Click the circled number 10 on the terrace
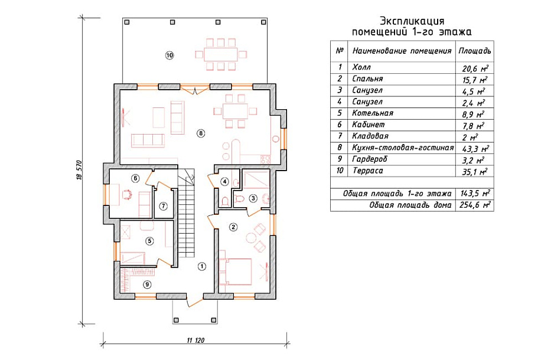pos(170,55)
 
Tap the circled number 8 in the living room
pos(201,133)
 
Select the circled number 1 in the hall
pos(201,267)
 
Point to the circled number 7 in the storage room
pos(163,206)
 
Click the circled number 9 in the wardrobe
pos(147,284)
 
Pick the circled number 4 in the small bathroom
pos(224,182)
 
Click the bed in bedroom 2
pos(236,271)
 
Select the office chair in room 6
pos(126,195)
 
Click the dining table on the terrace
pos(221,54)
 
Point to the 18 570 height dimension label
pos(79,171)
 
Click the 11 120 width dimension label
pos(195,341)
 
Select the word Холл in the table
pos(361,67)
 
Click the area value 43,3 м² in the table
pos(475,149)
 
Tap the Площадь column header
pos(474,51)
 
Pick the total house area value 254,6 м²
pos(475,205)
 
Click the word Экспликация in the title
pos(412,21)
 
